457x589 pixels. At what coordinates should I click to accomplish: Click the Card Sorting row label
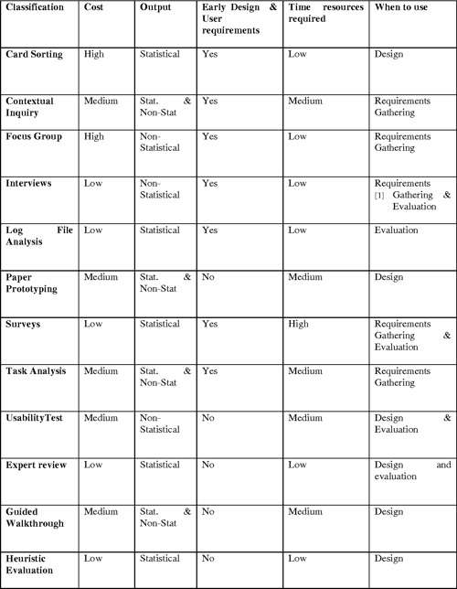click(34, 55)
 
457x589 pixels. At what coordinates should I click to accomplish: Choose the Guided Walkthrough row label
click(36, 521)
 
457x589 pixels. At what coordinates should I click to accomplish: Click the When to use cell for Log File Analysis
click(396, 230)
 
